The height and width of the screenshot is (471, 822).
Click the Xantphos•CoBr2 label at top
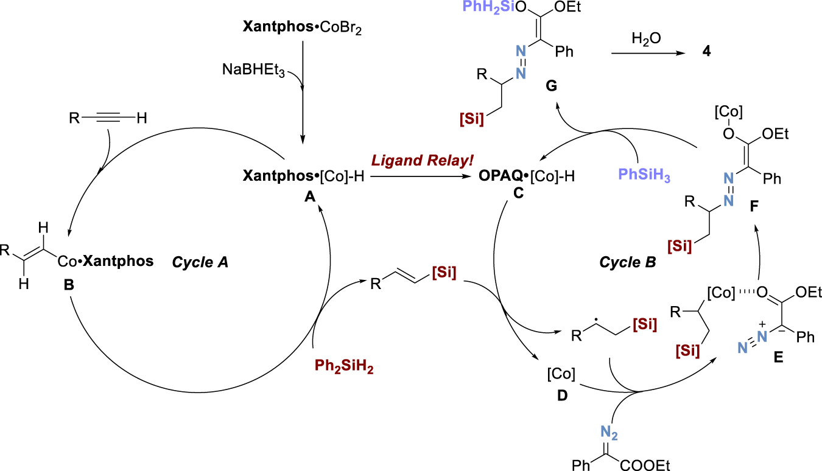302,29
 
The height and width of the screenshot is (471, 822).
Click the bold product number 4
706,53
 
